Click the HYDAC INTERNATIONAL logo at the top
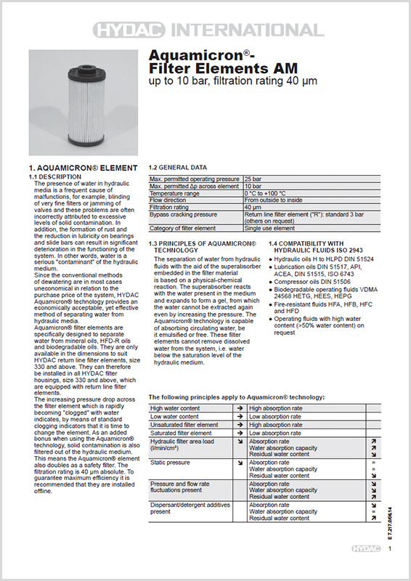206,30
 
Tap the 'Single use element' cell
269,228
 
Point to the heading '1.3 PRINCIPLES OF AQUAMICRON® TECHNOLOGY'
203,245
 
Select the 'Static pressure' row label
170,462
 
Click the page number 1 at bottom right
390,550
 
